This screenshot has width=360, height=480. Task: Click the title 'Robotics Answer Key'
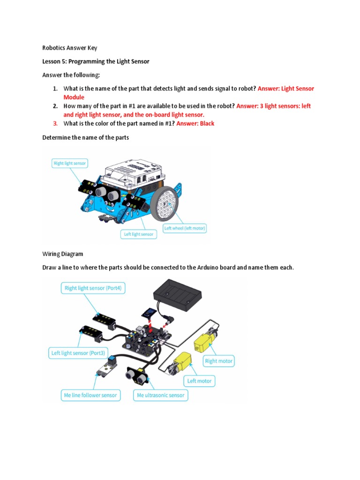pos(69,48)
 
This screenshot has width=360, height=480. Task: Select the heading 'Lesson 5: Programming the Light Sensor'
pos(96,61)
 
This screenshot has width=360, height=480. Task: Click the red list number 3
pos(55,123)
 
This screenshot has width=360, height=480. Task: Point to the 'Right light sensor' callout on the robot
pos(70,164)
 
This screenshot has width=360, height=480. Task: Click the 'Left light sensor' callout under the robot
pos(138,234)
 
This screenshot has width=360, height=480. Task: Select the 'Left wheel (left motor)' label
pos(185,229)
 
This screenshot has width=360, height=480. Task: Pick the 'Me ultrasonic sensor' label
pos(161,395)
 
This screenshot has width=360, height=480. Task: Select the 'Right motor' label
pos(218,361)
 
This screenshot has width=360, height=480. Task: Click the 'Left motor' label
pos(200,381)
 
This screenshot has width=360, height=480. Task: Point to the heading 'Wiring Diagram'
pos(62,254)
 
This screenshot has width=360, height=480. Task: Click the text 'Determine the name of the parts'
pos(85,137)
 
